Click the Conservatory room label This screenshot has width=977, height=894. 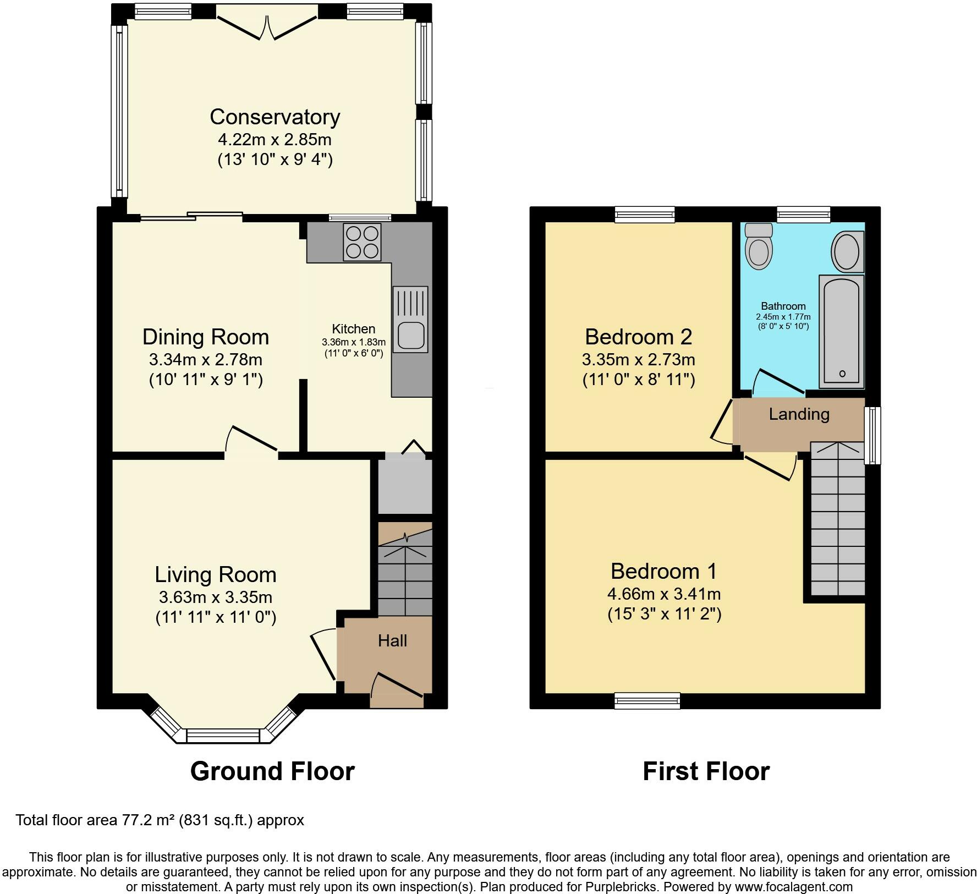275,117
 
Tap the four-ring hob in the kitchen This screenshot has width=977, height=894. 362,242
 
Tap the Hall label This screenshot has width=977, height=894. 392,640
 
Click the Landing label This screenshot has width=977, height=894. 799,414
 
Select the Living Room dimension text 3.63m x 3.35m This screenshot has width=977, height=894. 216,597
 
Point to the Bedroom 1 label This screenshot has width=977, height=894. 664,571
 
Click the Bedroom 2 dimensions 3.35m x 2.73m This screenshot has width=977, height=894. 639,360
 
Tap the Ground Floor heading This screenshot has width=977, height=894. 272,771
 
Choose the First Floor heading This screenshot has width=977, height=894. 706,771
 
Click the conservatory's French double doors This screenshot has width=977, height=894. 267,23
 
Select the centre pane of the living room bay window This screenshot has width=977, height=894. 223,736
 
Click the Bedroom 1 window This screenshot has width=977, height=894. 647,700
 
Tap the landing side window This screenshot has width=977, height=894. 872,436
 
